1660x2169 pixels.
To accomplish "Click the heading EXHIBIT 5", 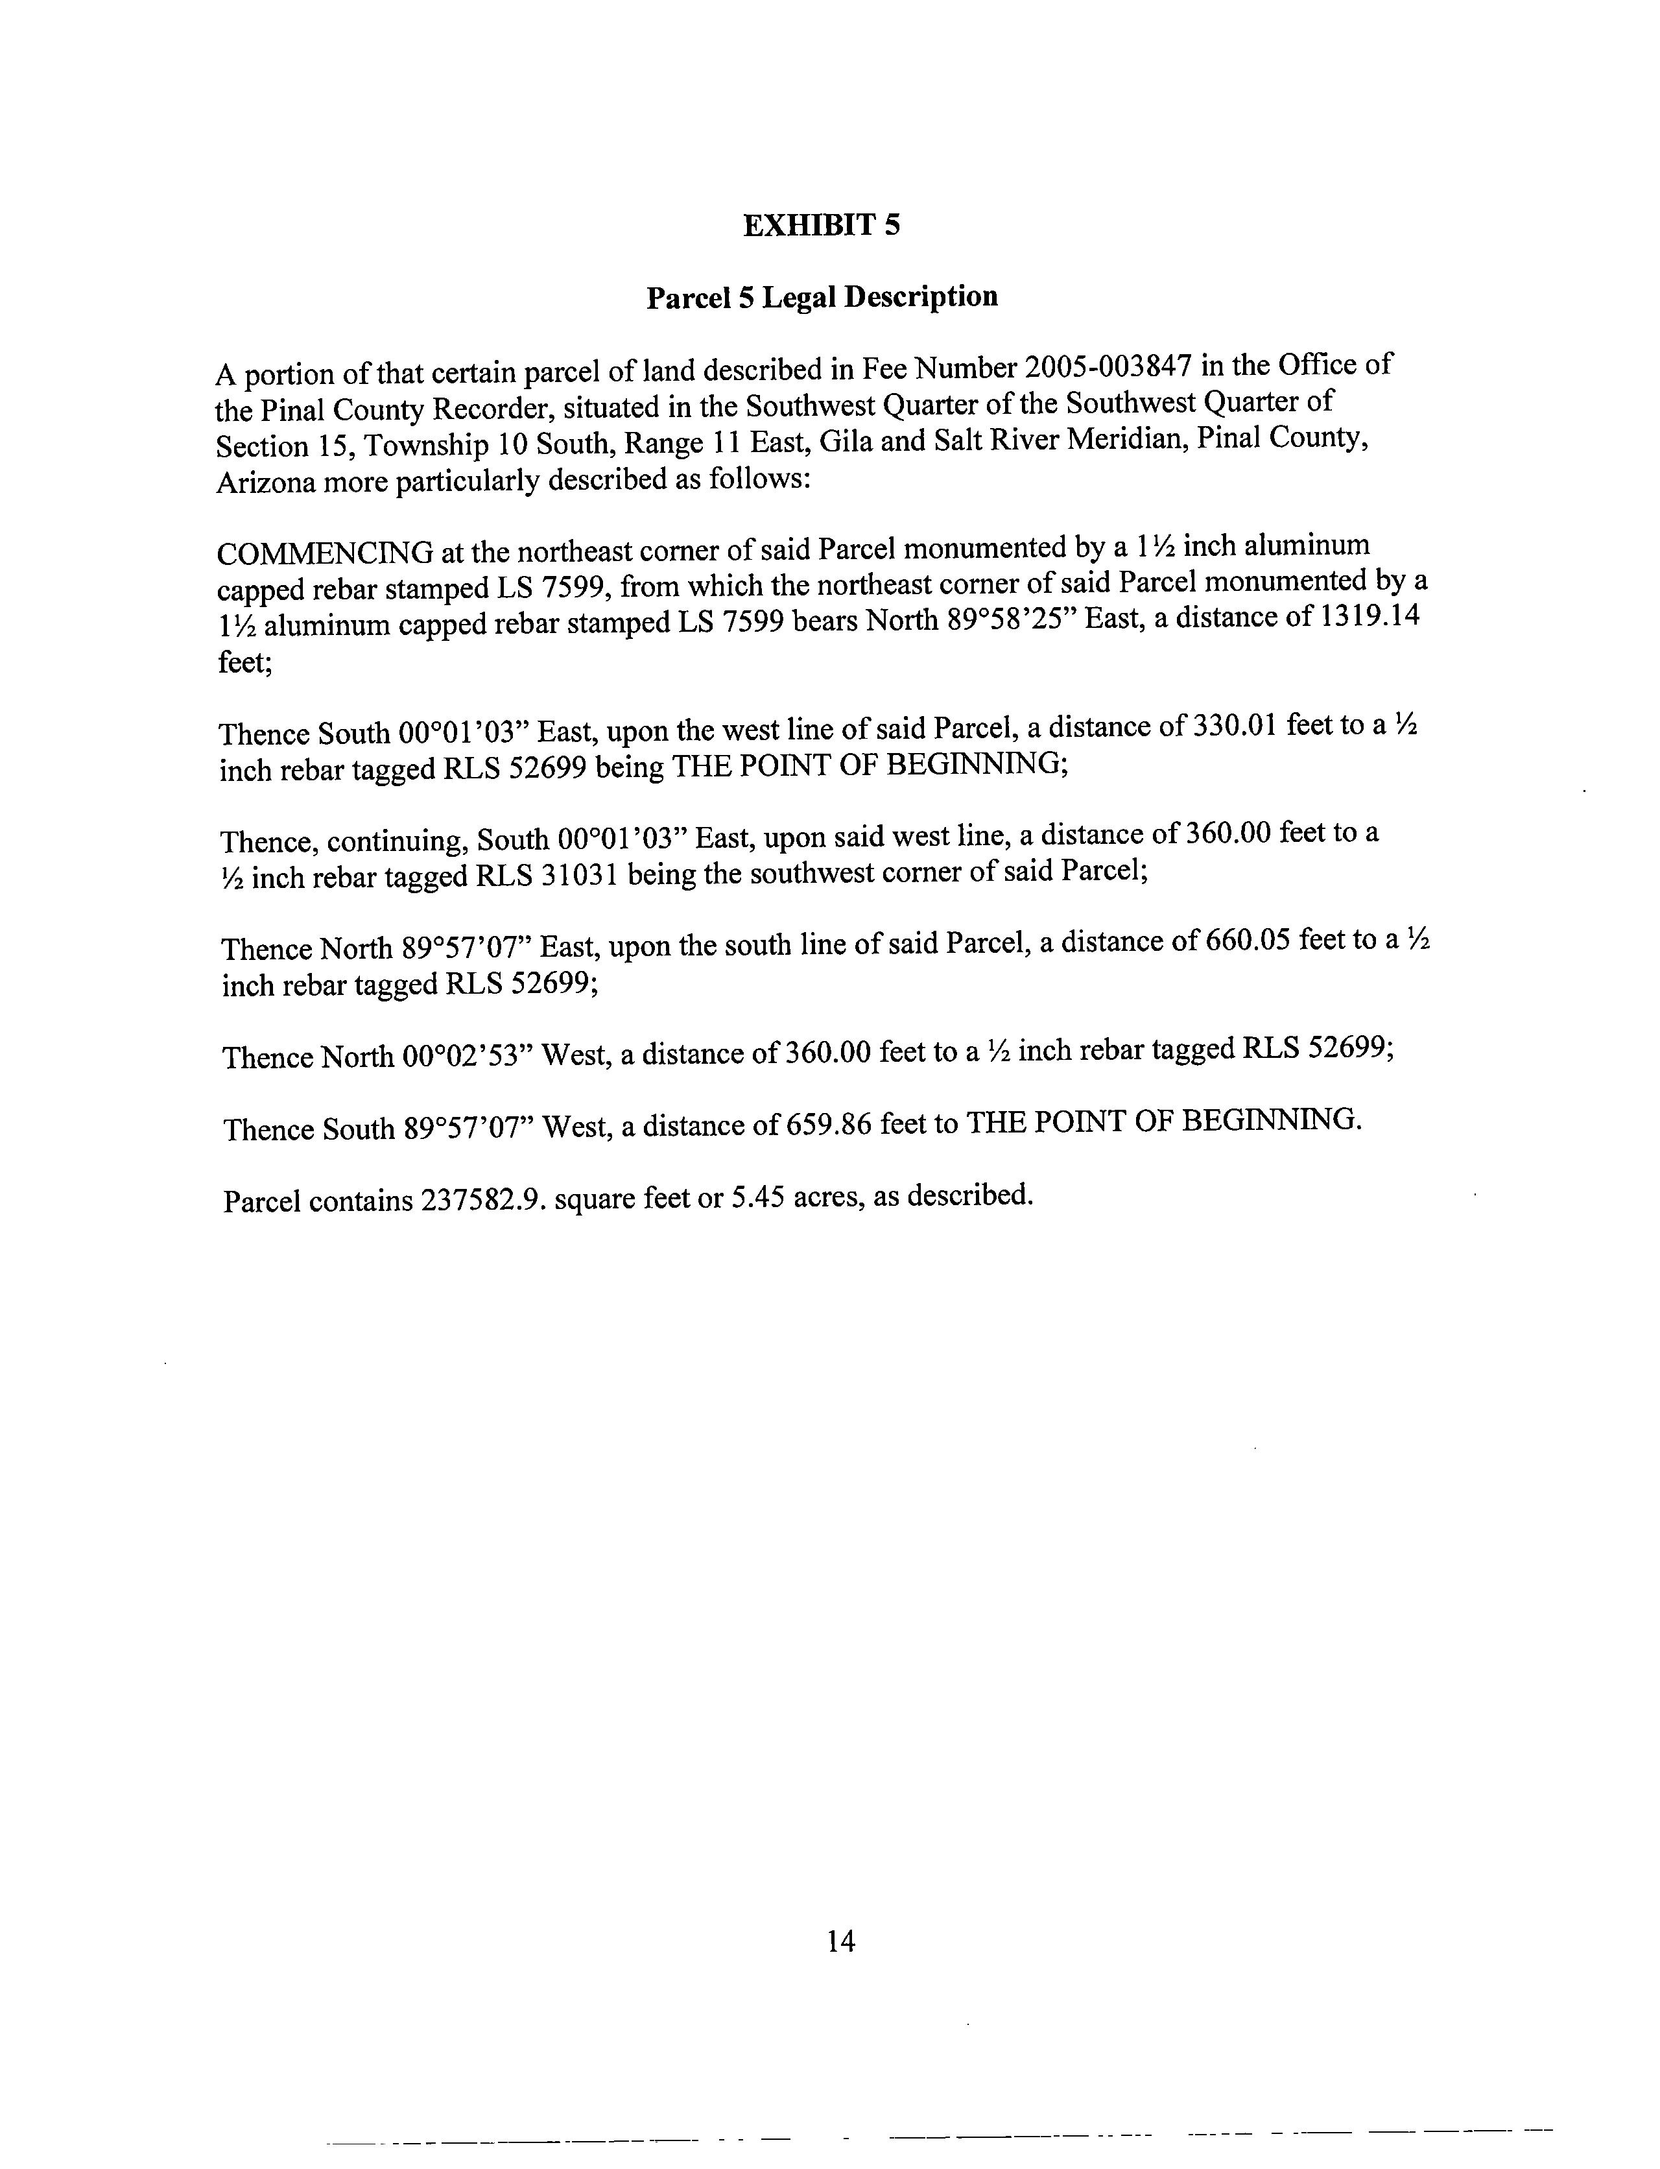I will [x=821, y=226].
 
